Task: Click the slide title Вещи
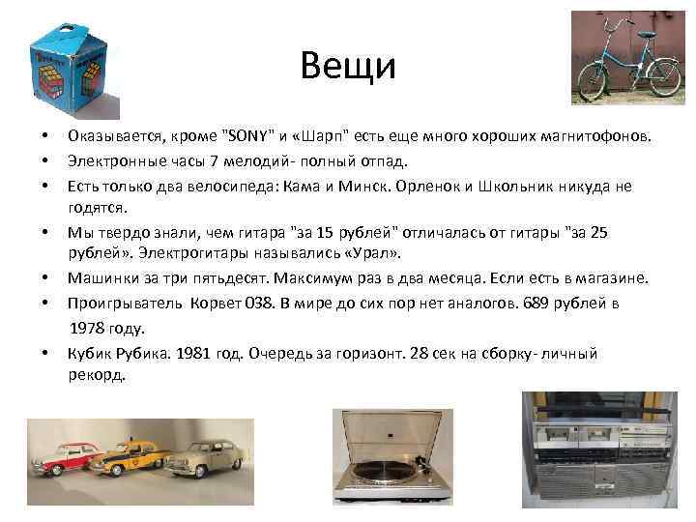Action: pos(347,66)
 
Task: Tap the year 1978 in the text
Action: pos(89,328)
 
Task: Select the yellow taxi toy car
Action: pos(128,456)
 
